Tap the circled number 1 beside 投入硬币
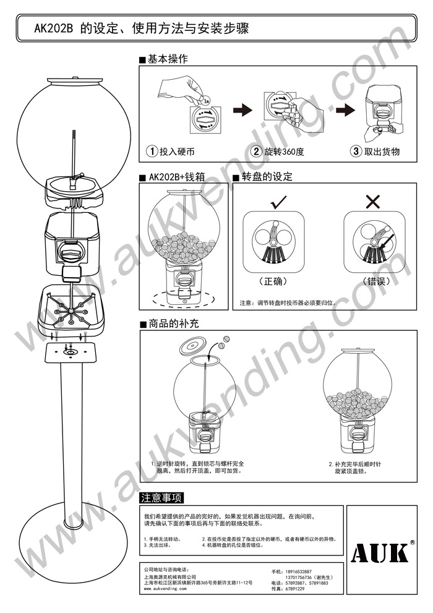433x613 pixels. click(x=151, y=151)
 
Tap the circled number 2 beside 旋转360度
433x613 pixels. click(x=255, y=151)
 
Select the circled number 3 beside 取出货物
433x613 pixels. click(x=355, y=151)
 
